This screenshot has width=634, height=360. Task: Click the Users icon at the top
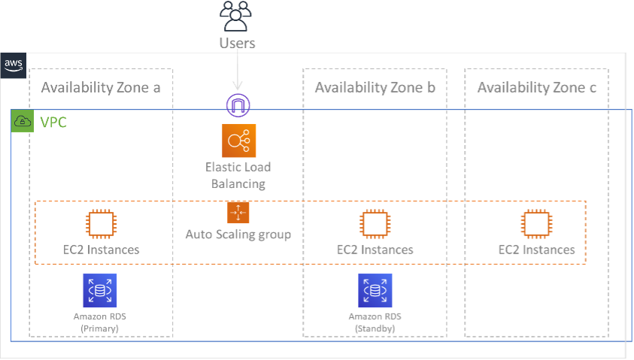(238, 14)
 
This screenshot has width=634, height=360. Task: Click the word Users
(238, 43)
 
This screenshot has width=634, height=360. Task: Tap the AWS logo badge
(14, 64)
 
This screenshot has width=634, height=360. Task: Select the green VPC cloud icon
(23, 122)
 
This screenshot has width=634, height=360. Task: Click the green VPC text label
(53, 122)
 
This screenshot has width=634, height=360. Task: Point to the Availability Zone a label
(101, 88)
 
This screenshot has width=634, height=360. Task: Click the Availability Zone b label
(375, 88)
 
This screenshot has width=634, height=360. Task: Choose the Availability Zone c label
(537, 88)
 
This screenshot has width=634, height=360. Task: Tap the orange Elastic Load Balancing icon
(239, 141)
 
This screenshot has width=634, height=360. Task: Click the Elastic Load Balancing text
(238, 175)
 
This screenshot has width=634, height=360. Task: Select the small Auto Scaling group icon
(238, 213)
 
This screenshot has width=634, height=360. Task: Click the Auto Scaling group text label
(238, 234)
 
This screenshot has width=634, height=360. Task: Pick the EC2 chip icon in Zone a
(101, 224)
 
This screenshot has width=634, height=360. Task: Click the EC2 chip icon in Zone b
(375, 224)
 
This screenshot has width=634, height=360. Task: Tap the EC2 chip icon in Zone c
(537, 224)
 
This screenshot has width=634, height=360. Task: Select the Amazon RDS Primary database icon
(100, 290)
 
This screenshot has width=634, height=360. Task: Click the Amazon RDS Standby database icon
(375, 290)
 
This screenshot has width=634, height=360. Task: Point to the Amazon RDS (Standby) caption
(375, 322)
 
